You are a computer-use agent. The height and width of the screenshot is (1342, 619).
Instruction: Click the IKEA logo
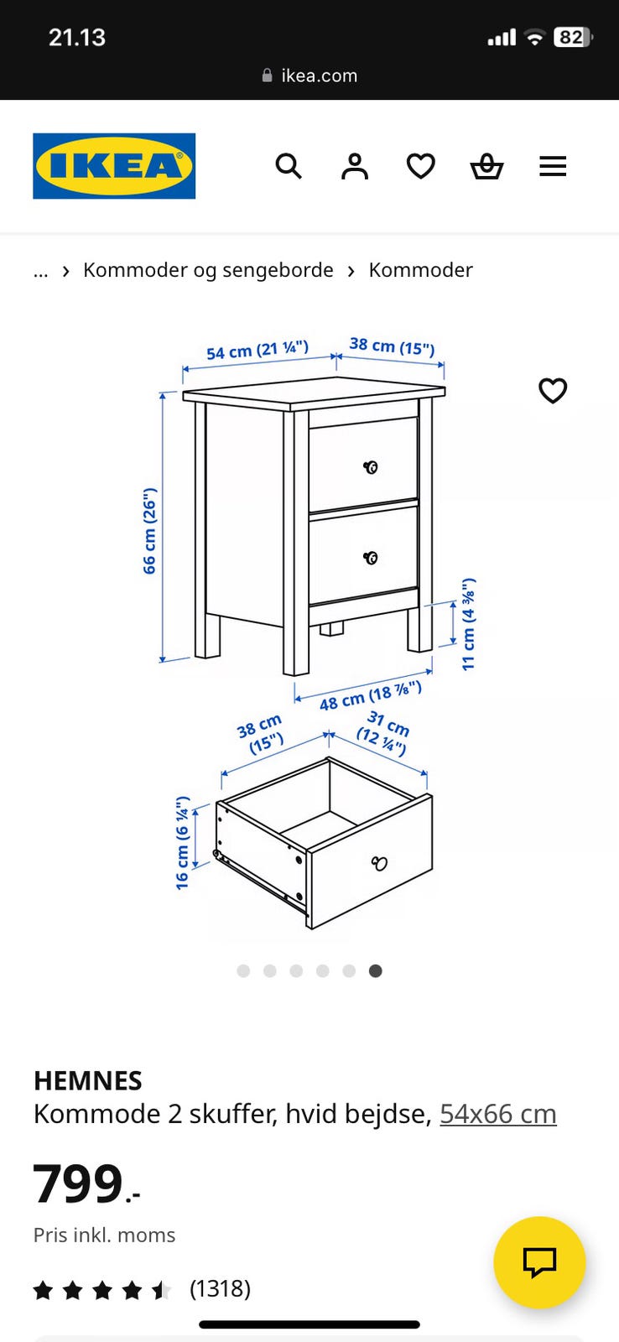114,166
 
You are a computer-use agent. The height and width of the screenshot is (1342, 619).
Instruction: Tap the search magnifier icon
289,166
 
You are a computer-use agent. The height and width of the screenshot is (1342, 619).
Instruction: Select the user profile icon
355,166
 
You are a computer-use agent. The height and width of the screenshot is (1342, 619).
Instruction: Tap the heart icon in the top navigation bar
421,166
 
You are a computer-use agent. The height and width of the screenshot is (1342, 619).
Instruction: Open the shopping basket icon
486,166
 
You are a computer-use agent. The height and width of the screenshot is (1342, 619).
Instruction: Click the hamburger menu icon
553,166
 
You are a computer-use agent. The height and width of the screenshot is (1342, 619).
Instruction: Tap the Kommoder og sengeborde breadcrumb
208,270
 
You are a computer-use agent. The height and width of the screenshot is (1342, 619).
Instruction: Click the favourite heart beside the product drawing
553,391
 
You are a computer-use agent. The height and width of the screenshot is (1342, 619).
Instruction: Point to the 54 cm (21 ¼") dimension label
257,349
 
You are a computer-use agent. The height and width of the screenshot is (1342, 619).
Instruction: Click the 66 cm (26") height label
150,531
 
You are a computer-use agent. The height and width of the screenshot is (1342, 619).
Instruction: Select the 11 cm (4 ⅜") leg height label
469,624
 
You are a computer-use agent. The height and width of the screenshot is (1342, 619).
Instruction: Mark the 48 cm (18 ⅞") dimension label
371,696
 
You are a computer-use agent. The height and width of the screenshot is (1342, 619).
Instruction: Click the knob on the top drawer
371,467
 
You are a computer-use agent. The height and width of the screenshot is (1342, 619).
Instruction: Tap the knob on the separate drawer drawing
379,863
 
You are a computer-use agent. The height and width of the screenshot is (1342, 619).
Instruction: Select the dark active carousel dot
376,970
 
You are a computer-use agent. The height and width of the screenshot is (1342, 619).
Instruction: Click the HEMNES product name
88,1081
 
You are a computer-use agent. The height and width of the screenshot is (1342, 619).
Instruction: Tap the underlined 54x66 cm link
498,1115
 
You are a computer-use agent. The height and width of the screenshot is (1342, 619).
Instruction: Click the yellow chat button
539,1261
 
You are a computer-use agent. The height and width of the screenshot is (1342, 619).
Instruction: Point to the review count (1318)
220,1288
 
